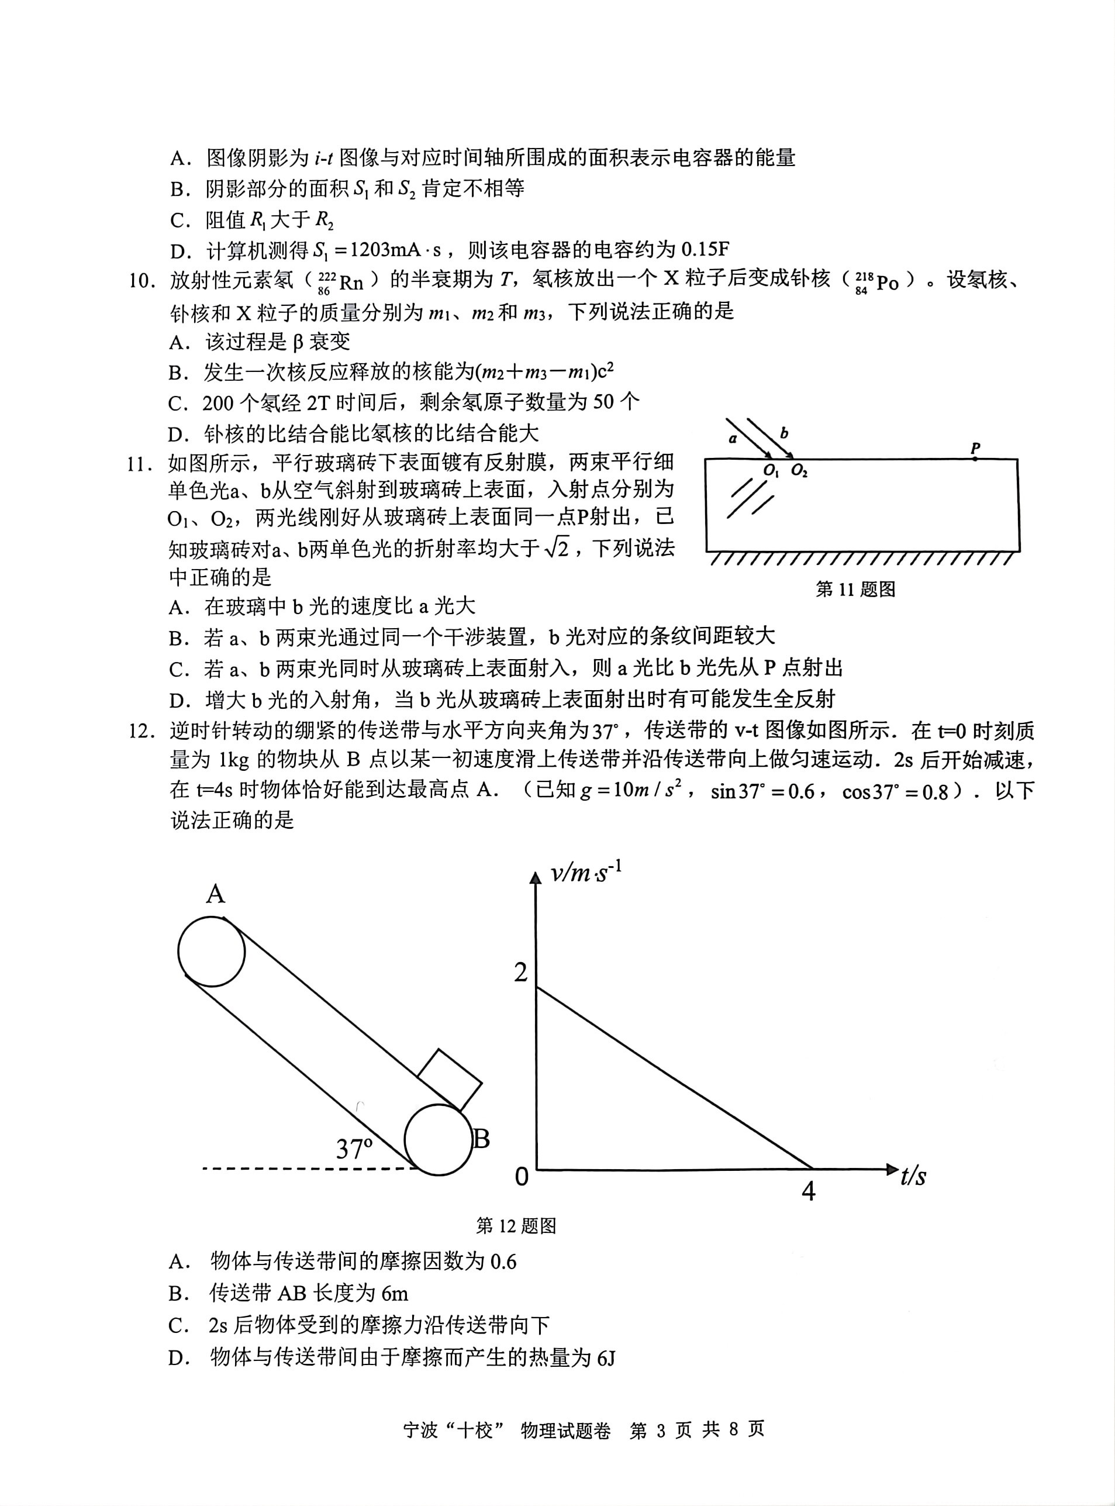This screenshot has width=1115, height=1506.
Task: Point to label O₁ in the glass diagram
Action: pos(771,471)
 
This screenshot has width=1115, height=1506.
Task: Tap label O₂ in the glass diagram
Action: pos(799,471)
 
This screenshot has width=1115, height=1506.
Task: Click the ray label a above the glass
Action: pos(734,438)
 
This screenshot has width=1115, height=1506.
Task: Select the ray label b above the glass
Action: pos(783,433)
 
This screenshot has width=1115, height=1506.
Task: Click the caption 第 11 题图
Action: pos(855,590)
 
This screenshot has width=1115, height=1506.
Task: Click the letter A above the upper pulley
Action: pos(215,894)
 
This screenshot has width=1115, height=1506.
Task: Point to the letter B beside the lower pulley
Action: pos(481,1139)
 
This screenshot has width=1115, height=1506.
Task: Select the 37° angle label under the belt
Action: pos(354,1148)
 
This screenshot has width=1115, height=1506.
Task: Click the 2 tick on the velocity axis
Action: pos(520,972)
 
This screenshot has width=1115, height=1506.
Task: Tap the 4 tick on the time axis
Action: pos(809,1191)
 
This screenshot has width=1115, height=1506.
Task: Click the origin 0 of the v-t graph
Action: pos(522,1177)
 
